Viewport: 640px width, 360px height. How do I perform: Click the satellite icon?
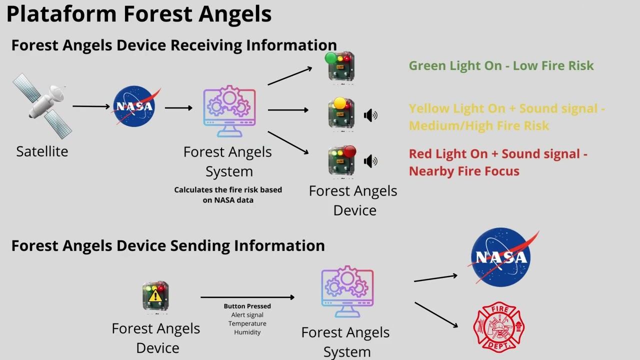click(42, 105)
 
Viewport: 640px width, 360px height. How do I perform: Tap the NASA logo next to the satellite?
click(134, 106)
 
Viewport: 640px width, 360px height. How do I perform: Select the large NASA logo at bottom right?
click(501, 257)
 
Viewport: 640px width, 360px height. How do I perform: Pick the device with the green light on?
click(340, 66)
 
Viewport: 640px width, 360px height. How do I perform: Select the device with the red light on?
click(342, 160)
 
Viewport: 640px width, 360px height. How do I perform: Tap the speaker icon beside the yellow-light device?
click(370, 116)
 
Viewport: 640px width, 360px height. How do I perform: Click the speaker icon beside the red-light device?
click(370, 161)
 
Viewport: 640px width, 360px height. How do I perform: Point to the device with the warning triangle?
click(155, 296)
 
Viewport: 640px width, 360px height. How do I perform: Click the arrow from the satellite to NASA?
click(91, 106)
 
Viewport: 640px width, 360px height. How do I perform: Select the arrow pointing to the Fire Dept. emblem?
click(436, 314)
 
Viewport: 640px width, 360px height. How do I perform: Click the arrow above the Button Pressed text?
click(247, 297)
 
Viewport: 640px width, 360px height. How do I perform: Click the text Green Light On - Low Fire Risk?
click(501, 65)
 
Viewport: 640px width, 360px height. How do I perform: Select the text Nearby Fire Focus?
click(464, 171)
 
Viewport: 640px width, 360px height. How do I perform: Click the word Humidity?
click(247, 332)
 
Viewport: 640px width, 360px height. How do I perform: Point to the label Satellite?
click(42, 151)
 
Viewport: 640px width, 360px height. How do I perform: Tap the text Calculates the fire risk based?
click(228, 190)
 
